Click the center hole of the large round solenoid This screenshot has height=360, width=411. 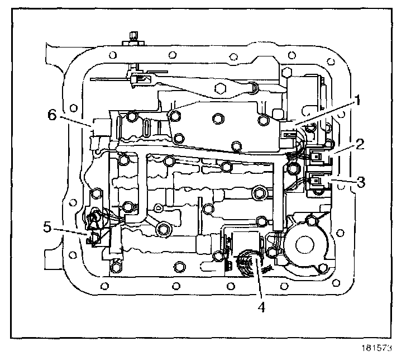pyautogui.click(x=304, y=244)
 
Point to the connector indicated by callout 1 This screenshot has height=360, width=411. pyautogui.click(x=289, y=134)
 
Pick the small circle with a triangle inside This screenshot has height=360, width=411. pyautogui.click(x=159, y=209)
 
